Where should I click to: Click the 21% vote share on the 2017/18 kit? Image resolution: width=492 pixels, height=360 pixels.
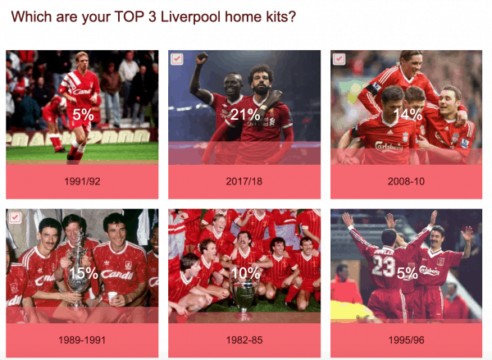pyautogui.click(x=245, y=115)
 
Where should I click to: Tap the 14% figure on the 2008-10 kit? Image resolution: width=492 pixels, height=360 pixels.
pyautogui.click(x=408, y=115)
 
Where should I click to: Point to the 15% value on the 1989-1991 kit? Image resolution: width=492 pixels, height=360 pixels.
pyautogui.click(x=84, y=273)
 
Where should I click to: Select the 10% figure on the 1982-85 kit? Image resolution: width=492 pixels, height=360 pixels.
pyautogui.click(x=245, y=273)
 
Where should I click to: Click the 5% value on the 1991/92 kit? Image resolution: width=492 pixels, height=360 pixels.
pyautogui.click(x=83, y=115)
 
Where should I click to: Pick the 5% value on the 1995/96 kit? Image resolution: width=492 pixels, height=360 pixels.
pyautogui.click(x=408, y=273)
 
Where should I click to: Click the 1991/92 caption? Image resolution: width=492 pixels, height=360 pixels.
pyautogui.click(x=82, y=181)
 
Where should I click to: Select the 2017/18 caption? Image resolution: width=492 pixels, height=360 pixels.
pyautogui.click(x=244, y=181)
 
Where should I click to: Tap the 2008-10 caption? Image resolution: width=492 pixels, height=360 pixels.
pyautogui.click(x=406, y=181)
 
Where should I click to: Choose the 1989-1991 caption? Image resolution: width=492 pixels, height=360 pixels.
pyautogui.click(x=82, y=340)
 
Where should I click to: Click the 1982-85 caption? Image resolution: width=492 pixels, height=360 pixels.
pyautogui.click(x=244, y=340)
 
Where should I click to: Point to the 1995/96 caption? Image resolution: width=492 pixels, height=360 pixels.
pyautogui.click(x=407, y=340)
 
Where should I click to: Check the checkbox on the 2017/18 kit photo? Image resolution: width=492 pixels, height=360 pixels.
pyautogui.click(x=177, y=59)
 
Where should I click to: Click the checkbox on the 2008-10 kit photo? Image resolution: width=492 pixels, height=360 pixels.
pyautogui.click(x=339, y=59)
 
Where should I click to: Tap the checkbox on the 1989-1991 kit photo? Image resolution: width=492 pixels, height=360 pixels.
pyautogui.click(x=15, y=217)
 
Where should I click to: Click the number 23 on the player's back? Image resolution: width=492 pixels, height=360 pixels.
pyautogui.click(x=384, y=267)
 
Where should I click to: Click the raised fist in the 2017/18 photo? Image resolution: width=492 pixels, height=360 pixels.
pyautogui.click(x=201, y=58)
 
